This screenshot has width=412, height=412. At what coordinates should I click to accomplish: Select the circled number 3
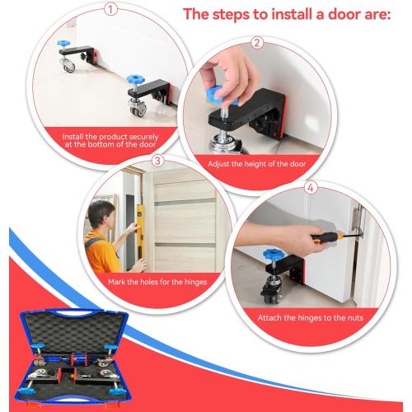tap(157, 162)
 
